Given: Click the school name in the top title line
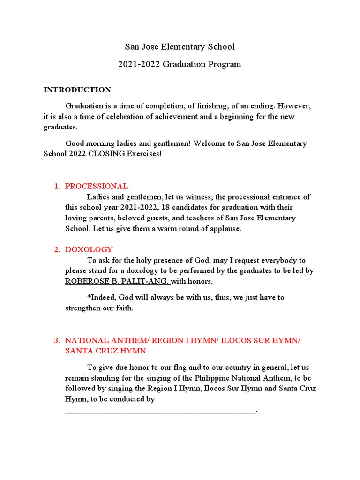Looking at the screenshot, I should coord(180,47).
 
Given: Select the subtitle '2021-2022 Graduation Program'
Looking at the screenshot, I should coord(180,64).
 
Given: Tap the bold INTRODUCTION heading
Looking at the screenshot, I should coord(77,90).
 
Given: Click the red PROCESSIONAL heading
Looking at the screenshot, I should coord(97,186).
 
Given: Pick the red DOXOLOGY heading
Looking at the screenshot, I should coord(89,250).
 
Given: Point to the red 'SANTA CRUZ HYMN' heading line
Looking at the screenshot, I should coord(105,351).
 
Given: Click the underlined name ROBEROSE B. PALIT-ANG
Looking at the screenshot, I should coord(117,282).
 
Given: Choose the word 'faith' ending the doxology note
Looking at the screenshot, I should coord(124,308).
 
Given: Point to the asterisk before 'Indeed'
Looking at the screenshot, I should coord(89,298).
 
